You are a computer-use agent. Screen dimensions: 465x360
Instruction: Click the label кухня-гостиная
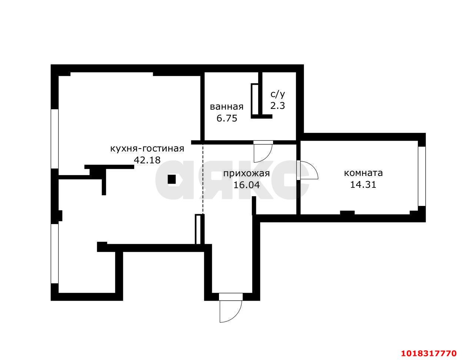147,149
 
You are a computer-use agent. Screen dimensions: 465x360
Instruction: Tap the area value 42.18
147,160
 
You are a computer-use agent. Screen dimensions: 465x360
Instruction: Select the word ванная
227,107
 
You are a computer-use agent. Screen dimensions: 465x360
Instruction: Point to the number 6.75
227,118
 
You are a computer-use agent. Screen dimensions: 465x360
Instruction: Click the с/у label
278,94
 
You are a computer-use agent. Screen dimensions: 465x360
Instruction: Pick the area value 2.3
278,106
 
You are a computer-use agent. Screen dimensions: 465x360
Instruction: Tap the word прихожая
246,173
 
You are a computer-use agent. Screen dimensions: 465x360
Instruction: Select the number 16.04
246,185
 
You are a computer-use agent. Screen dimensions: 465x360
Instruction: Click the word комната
363,173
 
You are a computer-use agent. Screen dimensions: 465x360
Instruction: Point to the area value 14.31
363,184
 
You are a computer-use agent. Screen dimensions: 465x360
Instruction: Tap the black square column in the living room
172,179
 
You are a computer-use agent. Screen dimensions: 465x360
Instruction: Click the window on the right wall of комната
422,176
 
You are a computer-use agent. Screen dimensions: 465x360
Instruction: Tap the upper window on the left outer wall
54,139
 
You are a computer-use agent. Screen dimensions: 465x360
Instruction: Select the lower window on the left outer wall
54,253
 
